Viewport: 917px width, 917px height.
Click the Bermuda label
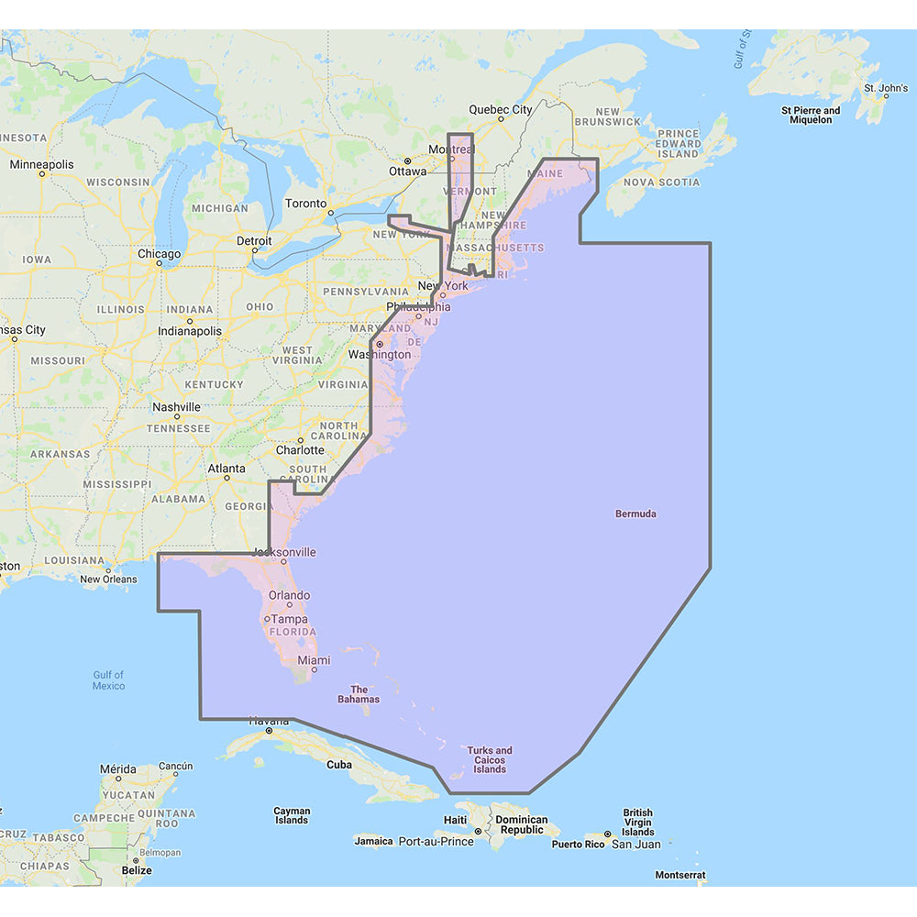(x=635, y=514)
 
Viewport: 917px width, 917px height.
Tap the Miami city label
(x=314, y=660)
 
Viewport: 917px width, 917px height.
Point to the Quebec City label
(x=500, y=109)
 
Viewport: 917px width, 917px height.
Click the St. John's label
(x=886, y=89)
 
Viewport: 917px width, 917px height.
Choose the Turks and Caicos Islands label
(x=490, y=759)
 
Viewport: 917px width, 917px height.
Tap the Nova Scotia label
(x=661, y=182)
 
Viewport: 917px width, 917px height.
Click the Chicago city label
(x=159, y=254)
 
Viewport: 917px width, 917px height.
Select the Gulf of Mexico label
(x=108, y=680)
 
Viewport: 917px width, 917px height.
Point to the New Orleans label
(x=108, y=579)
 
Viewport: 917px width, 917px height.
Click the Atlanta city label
(x=226, y=469)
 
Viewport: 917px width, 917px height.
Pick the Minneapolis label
(x=41, y=165)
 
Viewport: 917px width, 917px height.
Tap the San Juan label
(x=635, y=844)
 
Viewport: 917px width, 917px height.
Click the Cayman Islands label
(x=292, y=815)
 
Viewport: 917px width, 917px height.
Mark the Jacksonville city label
(x=284, y=552)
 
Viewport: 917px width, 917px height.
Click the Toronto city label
(x=305, y=203)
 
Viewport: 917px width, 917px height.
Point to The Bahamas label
(x=359, y=694)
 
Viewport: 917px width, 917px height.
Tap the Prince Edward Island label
(x=679, y=144)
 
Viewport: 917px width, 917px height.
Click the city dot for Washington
(x=380, y=344)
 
